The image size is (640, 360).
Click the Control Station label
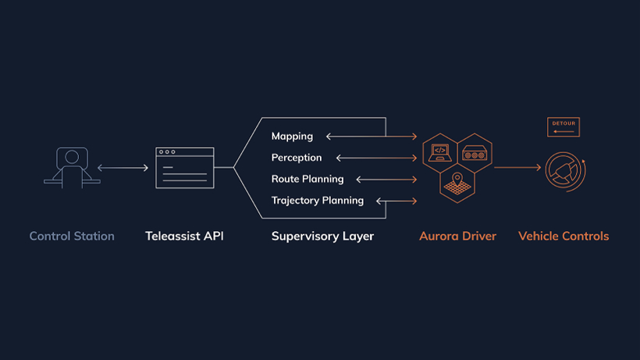72,236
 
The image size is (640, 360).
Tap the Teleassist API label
184,236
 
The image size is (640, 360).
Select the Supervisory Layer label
322,236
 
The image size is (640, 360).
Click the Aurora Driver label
457,236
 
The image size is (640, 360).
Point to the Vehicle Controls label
564,236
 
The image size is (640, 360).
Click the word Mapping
292,137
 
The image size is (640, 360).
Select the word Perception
297,158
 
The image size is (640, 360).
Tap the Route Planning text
308,179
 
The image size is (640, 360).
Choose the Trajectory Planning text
318,201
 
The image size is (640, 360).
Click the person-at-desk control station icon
71,167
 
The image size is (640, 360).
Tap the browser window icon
184,167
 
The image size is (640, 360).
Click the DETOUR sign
564,127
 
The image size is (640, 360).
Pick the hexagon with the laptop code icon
440,151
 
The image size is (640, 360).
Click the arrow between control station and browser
123,168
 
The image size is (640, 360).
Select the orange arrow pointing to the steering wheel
517,168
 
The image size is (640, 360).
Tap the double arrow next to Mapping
372,137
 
